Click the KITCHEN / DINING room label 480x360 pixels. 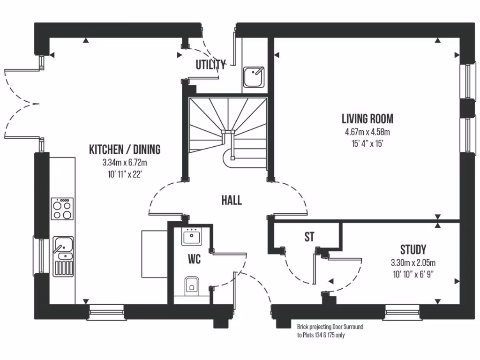[125, 150]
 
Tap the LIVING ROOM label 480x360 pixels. [367, 119]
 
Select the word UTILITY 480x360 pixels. [211, 65]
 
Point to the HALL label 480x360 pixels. [232, 201]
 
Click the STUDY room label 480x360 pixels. [413, 249]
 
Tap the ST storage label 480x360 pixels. [309, 237]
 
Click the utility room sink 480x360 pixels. [254, 75]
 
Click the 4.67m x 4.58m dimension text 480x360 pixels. [367, 133]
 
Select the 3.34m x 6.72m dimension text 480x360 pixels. [125, 163]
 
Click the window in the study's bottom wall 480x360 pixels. [402, 311]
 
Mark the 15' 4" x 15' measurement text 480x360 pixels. [367, 144]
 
